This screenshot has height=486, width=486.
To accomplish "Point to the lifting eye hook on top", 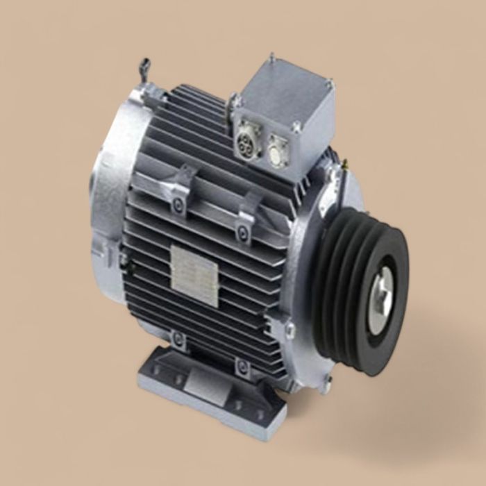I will pyautogui.click(x=144, y=68).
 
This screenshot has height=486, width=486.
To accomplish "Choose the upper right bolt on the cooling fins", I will pyautogui.click(x=242, y=231).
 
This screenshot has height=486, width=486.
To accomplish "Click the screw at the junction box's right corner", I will pyautogui.click(x=330, y=84).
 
